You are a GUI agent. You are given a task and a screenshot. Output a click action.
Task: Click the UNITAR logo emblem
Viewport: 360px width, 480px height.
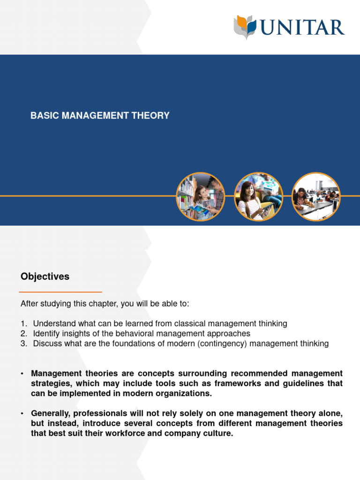coord(245,26)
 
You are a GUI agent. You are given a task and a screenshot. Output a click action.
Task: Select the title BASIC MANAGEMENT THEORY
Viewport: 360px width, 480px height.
coord(100,115)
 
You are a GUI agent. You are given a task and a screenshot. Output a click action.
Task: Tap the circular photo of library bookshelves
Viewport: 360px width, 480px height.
coord(200,197)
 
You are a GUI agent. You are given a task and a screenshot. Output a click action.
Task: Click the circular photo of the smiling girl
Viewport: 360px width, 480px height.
coord(258,197)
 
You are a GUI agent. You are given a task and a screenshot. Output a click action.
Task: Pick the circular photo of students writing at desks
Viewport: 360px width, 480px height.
coord(316,197)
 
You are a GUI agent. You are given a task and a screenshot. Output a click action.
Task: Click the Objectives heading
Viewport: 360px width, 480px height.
coord(45,277)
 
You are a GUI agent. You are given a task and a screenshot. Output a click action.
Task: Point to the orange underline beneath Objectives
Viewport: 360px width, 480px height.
coord(61,292)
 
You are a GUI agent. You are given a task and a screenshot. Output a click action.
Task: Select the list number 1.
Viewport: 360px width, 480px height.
coord(23,323)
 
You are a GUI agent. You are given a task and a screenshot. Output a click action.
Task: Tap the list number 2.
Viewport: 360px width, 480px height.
coord(23,333)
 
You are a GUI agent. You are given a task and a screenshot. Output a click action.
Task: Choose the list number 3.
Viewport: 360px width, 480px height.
coord(23,344)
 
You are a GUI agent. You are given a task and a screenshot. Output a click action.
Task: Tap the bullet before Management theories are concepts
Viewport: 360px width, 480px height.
coord(22,374)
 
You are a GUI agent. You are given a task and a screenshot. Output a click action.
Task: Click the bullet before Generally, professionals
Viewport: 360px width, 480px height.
coord(22,413)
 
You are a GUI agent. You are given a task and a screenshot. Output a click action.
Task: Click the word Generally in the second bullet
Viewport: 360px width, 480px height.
coord(50,413)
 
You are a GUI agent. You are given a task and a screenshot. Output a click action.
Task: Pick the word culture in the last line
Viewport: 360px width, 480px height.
coord(217,433)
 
